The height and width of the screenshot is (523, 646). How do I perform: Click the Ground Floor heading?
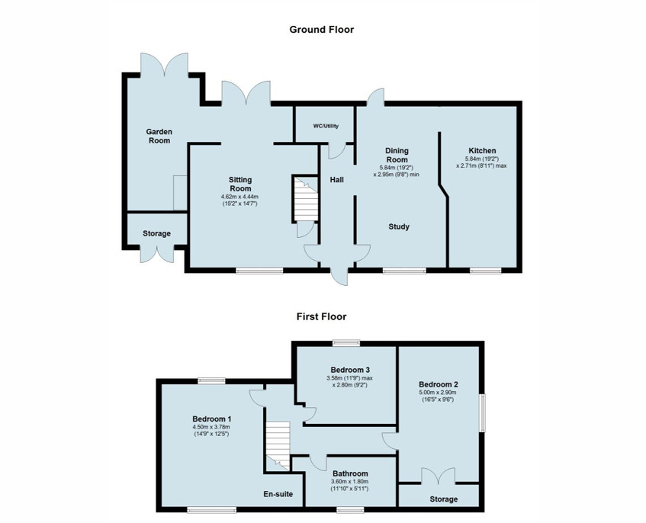tap(321, 30)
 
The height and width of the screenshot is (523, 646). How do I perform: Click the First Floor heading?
tap(321, 316)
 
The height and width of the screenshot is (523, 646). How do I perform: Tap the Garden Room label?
tap(159, 136)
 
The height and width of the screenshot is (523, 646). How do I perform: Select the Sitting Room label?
tap(240, 184)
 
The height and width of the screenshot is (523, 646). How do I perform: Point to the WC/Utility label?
tap(326, 126)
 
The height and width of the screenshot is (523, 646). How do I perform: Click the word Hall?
tap(336, 180)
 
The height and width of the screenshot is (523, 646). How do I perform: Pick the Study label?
tap(399, 226)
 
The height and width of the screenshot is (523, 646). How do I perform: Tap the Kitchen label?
tap(482, 151)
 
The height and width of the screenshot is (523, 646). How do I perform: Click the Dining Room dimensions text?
tap(397, 171)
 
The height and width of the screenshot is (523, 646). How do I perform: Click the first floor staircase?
tap(278, 442)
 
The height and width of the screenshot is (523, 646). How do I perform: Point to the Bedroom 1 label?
tap(211, 419)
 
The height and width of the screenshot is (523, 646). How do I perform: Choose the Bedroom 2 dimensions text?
tap(438, 396)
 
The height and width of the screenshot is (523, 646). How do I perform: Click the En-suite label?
tap(278, 494)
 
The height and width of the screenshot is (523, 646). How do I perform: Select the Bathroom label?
tap(350, 473)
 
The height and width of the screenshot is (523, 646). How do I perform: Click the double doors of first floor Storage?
tap(438, 476)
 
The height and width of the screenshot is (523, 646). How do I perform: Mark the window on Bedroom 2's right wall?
tap(481, 414)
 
